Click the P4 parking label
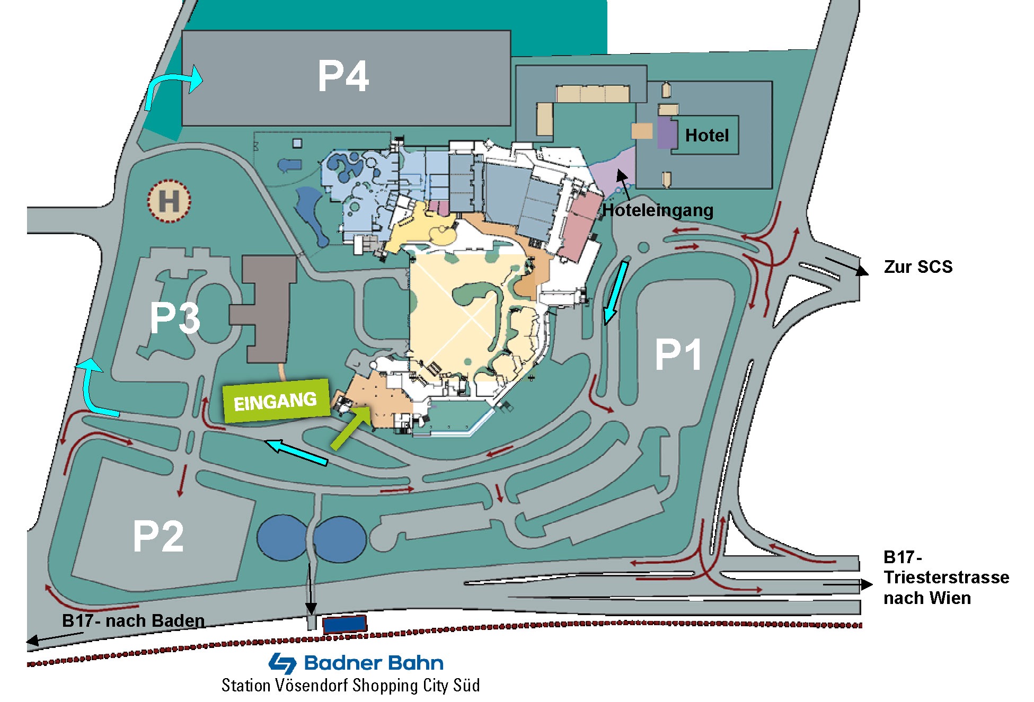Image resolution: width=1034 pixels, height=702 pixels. (343, 76)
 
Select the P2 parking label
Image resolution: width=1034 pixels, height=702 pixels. (158, 536)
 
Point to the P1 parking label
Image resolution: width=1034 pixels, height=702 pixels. (678, 354)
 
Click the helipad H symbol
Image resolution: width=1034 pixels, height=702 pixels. (169, 201)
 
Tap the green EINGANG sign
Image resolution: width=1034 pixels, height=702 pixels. (276, 401)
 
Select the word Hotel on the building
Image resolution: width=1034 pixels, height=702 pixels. (707, 136)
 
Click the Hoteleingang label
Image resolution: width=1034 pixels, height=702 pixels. (658, 210)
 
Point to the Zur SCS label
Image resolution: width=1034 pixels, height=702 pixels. (918, 266)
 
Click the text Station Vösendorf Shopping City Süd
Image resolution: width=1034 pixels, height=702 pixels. (351, 686)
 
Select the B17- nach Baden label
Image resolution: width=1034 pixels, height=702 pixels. (133, 620)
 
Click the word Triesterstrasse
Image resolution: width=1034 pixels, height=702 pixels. (946, 577)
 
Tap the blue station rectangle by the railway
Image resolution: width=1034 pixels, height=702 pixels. (344, 624)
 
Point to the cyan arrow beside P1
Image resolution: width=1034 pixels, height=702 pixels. (616, 292)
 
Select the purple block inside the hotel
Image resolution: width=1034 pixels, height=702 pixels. (667, 132)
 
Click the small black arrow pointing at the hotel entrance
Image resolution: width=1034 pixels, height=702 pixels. (623, 184)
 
